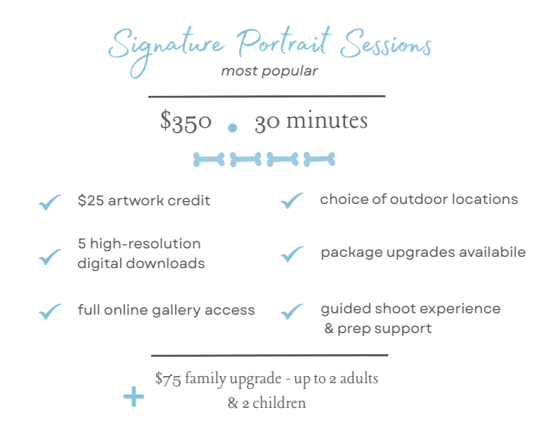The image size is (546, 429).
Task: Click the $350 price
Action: point(186,121)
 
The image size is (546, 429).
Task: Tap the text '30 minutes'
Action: point(311,121)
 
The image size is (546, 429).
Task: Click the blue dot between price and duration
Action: point(233,128)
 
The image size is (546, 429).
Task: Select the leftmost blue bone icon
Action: point(210,159)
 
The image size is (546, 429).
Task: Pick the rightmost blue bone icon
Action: point(320,159)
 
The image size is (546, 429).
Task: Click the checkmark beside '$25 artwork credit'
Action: point(50,203)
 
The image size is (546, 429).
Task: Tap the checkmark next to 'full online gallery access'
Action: point(50,311)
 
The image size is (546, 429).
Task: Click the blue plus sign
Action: point(133,399)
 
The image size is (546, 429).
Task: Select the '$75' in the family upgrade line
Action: point(166,380)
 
